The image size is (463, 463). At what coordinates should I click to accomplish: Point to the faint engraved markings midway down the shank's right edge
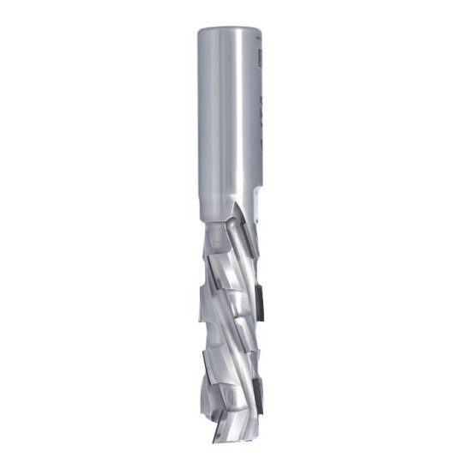pyautogui.click(x=258, y=129)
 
